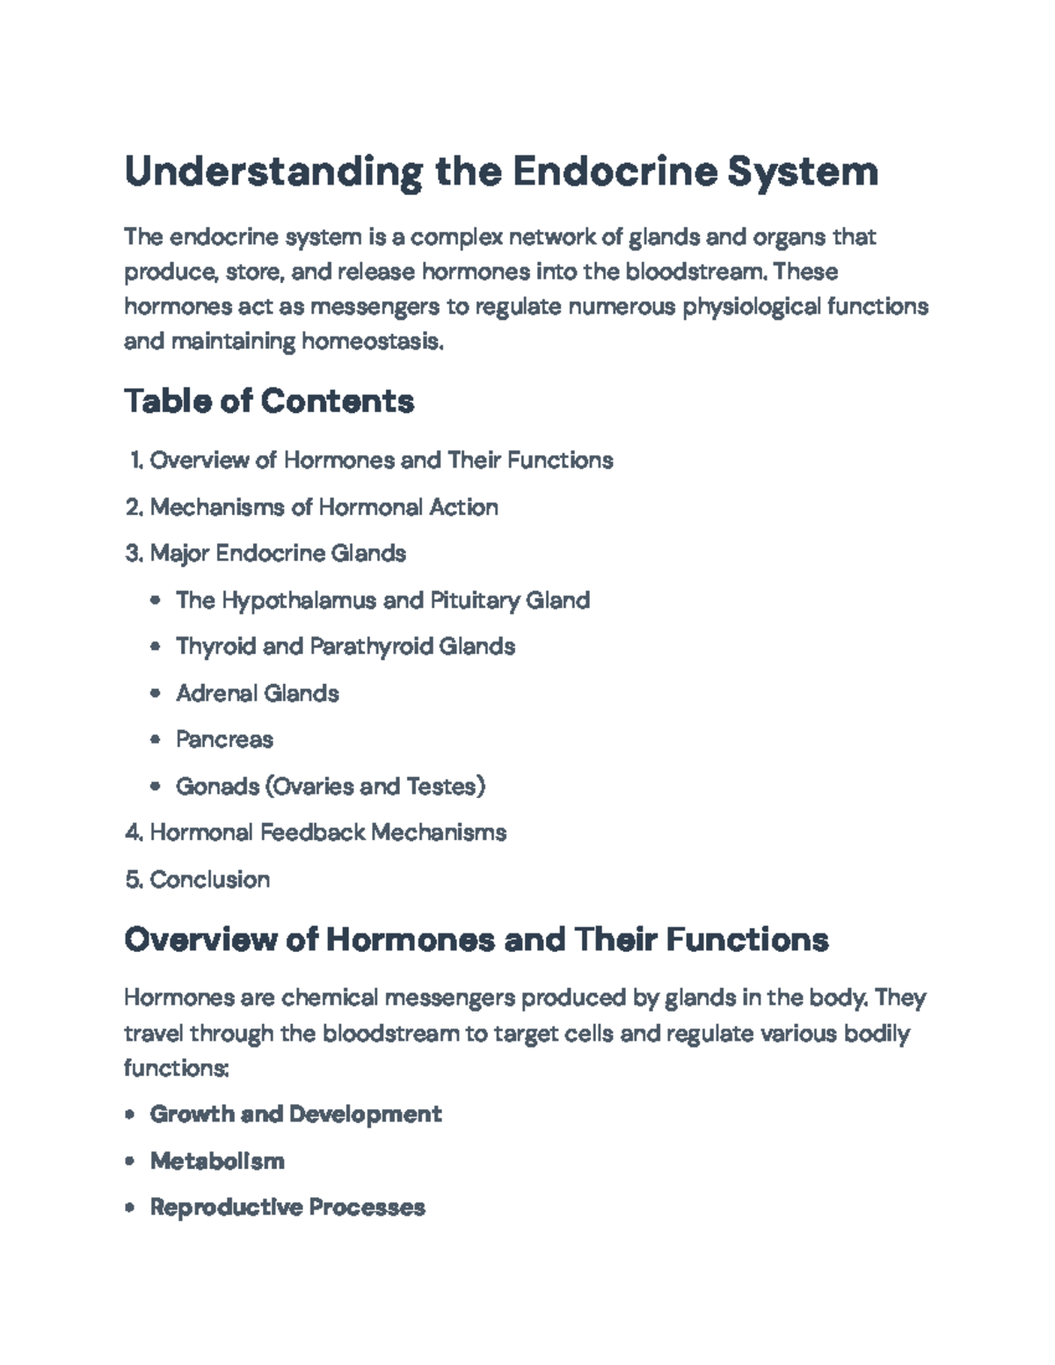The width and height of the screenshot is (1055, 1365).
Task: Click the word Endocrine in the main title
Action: point(613,171)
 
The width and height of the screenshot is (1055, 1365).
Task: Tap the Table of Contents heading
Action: point(269,402)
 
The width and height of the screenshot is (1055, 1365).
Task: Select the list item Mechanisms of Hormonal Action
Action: point(324,507)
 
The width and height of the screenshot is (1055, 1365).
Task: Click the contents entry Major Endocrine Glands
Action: point(278,554)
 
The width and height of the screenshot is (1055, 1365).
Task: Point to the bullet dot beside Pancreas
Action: point(156,740)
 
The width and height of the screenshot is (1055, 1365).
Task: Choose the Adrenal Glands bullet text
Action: point(258,693)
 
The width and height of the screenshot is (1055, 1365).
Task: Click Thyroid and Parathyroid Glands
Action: point(346,647)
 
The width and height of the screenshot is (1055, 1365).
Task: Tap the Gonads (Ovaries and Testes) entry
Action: point(331,786)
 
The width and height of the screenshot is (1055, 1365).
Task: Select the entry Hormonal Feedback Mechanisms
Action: point(328,832)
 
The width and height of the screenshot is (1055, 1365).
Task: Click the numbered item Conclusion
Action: point(210,879)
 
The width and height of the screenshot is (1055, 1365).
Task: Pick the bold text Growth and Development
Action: point(296,1115)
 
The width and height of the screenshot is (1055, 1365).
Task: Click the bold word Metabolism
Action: point(217,1161)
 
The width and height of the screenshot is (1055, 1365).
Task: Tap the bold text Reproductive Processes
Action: point(287,1208)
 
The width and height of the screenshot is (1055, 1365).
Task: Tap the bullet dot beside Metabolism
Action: point(130,1161)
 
